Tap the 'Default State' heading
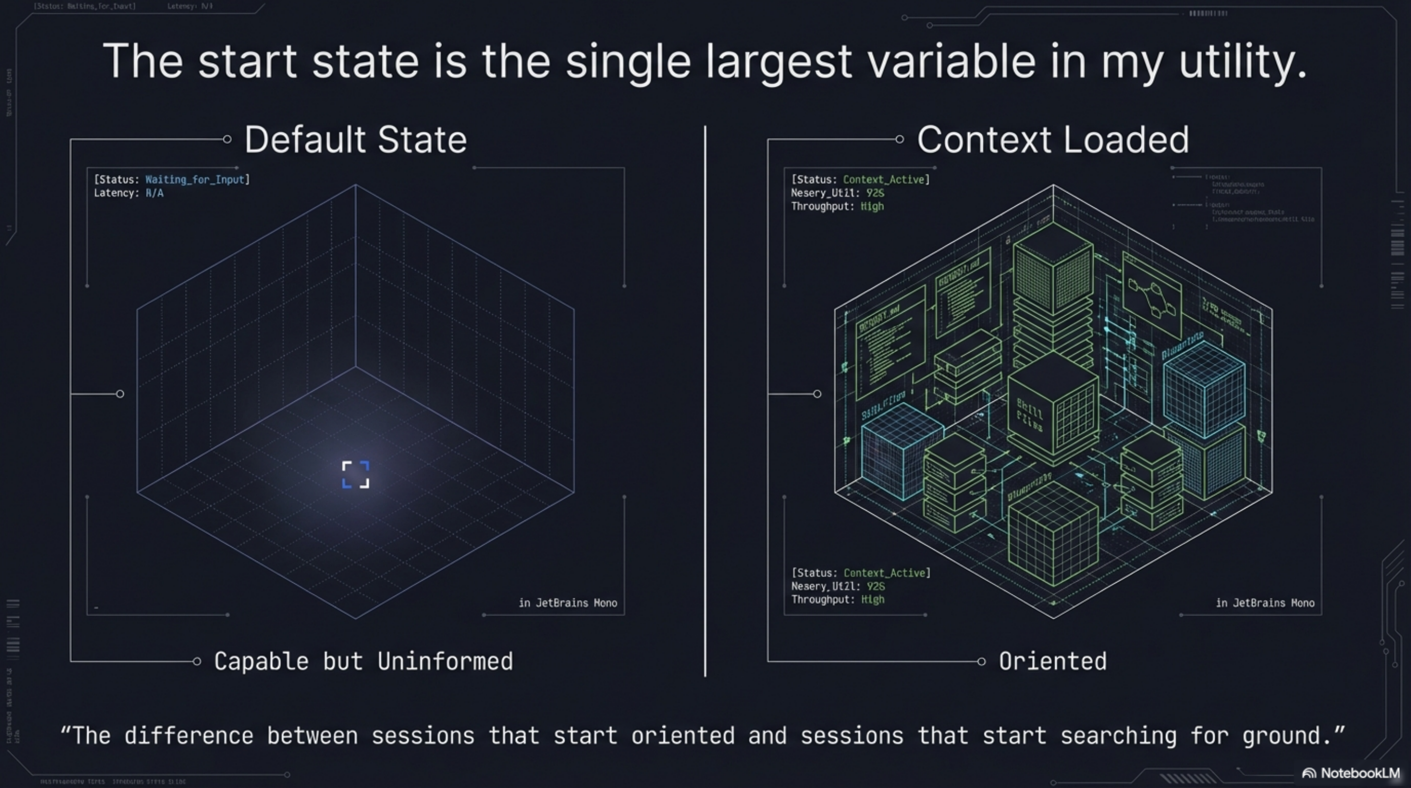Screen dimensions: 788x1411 [355, 140]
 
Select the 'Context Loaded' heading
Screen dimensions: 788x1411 [1053, 140]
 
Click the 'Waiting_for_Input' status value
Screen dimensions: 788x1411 [194, 180]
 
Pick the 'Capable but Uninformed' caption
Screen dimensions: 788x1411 [363, 661]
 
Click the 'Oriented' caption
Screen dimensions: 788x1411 [1052, 661]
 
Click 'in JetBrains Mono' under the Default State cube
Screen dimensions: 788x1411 [567, 603]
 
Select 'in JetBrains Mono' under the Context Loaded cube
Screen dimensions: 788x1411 [1265, 603]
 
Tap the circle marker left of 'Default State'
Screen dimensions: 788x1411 [227, 139]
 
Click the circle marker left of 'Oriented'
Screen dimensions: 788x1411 [981, 662]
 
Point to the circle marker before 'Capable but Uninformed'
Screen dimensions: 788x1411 [197, 662]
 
